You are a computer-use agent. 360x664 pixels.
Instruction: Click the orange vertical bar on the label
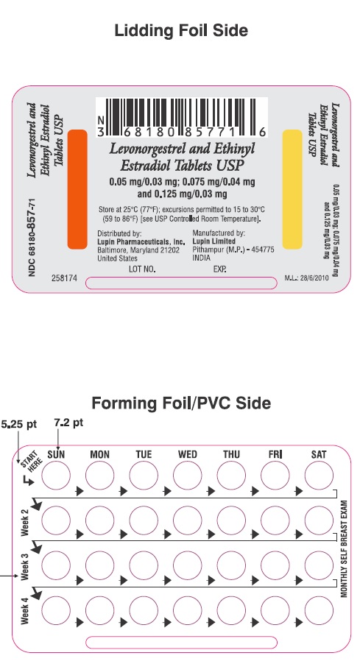click(x=77, y=189)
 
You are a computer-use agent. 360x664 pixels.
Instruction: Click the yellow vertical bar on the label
click(x=292, y=189)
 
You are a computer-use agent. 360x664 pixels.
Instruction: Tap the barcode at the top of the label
click(x=182, y=117)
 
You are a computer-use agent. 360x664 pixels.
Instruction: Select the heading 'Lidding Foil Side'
click(x=181, y=30)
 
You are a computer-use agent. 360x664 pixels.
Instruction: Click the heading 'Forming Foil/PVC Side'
click(x=181, y=403)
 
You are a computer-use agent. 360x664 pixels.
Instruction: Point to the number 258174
click(x=64, y=278)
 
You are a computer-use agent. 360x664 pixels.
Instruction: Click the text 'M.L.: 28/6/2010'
click(x=307, y=278)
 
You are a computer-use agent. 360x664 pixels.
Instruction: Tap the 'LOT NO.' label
click(x=142, y=269)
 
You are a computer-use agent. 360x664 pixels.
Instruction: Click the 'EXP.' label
click(x=220, y=269)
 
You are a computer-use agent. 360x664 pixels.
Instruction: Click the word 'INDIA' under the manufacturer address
click(x=201, y=258)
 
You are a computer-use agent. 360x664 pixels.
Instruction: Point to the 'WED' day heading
click(x=187, y=454)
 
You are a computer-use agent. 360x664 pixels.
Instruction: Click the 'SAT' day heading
click(x=319, y=454)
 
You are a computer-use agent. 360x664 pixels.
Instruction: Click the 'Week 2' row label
click(x=25, y=523)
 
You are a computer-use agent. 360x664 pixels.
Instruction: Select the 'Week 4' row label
click(x=25, y=611)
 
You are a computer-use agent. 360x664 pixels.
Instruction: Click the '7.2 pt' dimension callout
click(x=68, y=423)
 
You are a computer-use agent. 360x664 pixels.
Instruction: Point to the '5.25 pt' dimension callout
click(x=18, y=424)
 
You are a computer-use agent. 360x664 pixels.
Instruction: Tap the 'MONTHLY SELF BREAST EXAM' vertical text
click(x=344, y=549)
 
